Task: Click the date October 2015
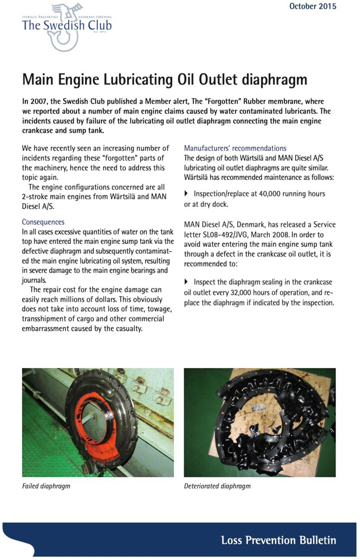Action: (x=313, y=6)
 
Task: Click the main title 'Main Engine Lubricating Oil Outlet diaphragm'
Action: (x=164, y=80)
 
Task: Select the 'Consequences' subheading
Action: (x=43, y=222)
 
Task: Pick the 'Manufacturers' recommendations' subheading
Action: (x=235, y=148)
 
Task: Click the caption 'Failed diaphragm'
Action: (x=46, y=486)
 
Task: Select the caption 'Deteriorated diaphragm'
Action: (x=217, y=486)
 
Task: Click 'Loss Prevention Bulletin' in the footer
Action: (x=278, y=540)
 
